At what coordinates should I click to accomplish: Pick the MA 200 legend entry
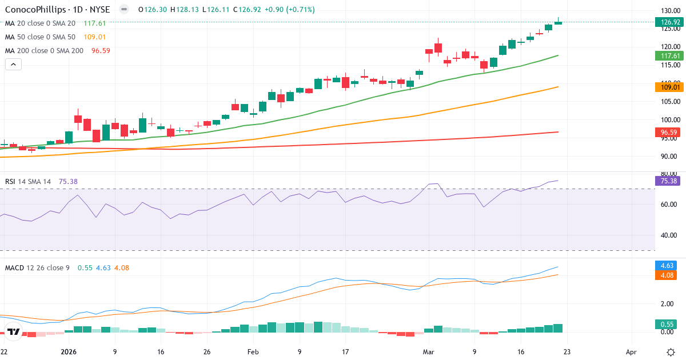45,51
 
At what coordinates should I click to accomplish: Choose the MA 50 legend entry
40,37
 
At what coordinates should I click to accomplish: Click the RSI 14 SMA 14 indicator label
28,182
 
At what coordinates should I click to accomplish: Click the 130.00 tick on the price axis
669,11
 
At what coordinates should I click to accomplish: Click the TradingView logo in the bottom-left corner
14,331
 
